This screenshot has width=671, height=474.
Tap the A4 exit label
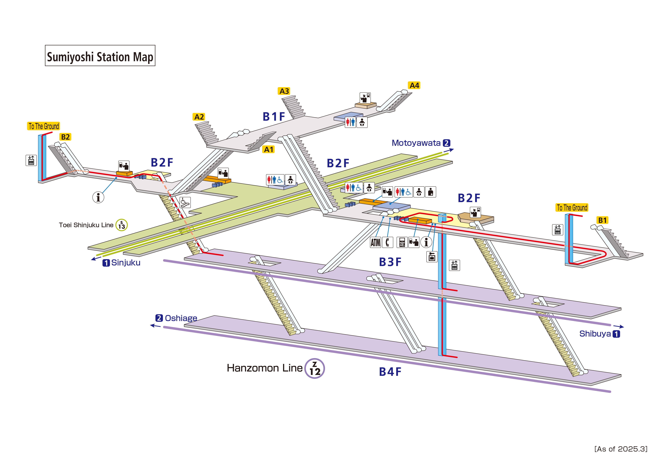[x=414, y=86]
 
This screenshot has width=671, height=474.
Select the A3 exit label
[x=284, y=91]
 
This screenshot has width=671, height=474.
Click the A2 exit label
[x=199, y=117]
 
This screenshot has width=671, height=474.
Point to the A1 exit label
[x=269, y=149]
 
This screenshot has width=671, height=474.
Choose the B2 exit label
[x=65, y=137]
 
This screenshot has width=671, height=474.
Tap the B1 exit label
[x=602, y=220]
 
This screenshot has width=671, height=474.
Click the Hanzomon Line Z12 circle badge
[x=314, y=369]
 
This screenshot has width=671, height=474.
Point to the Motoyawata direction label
[x=416, y=143]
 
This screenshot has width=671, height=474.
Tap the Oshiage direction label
[x=181, y=318]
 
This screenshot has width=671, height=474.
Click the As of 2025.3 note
[x=621, y=449]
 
